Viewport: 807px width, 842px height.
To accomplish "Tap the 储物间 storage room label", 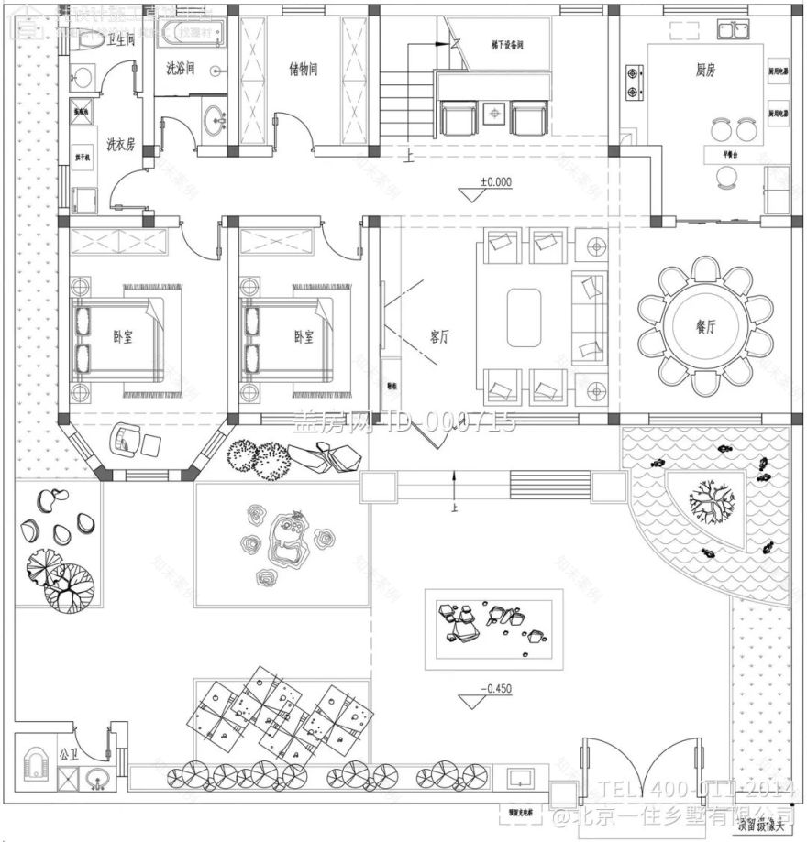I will click(303, 69).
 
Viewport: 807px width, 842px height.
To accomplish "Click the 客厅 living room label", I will click(439, 336).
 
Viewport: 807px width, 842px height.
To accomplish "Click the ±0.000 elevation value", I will click(495, 182).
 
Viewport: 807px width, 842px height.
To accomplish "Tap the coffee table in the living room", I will click(524, 318).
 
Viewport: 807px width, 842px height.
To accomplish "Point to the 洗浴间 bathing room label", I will click(180, 68).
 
